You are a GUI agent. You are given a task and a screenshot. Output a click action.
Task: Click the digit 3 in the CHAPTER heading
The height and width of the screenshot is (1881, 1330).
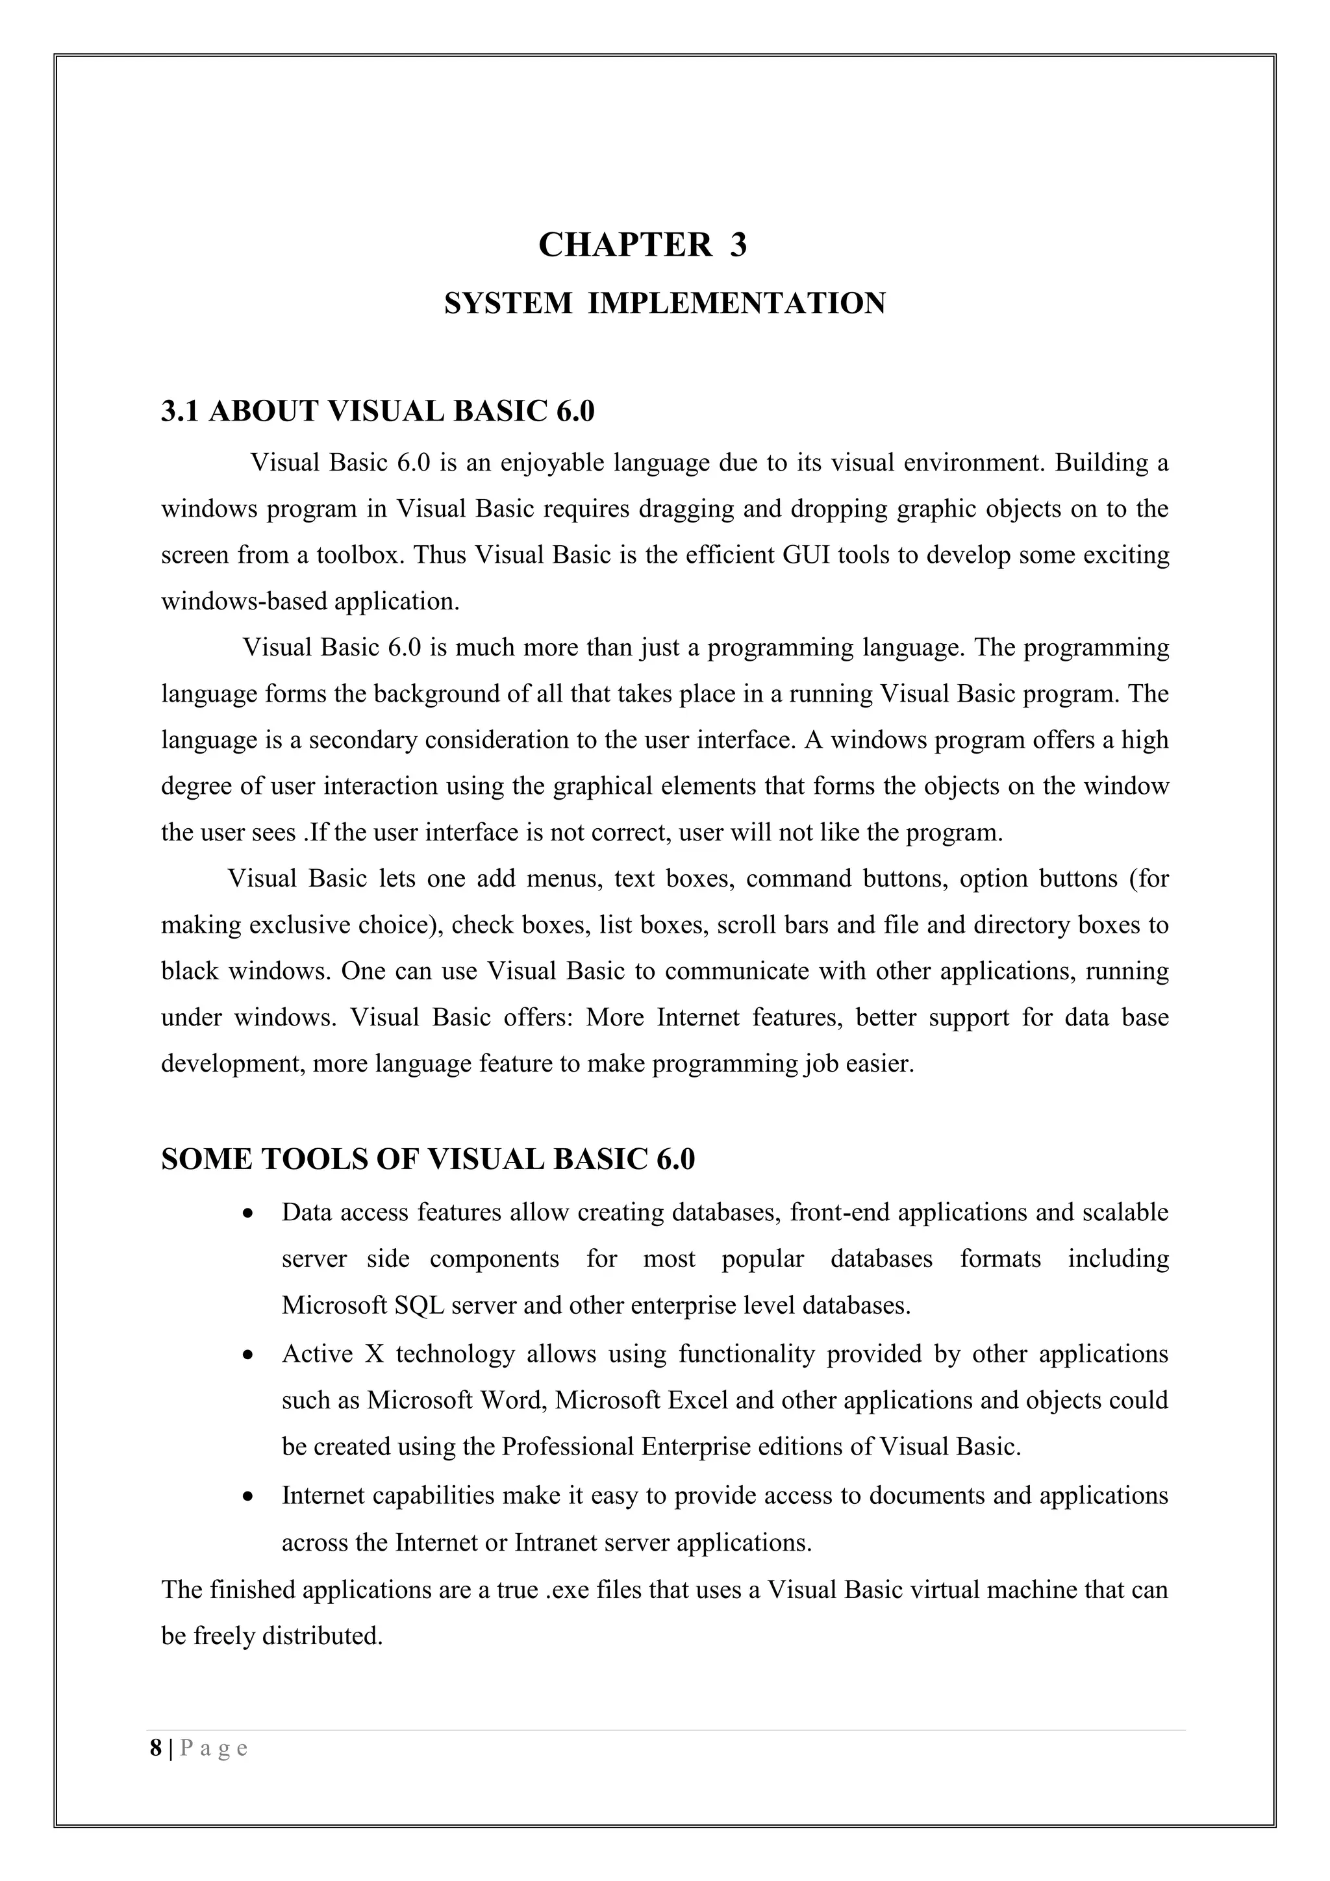738,245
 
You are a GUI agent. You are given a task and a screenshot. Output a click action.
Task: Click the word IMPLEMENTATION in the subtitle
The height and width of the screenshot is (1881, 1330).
736,303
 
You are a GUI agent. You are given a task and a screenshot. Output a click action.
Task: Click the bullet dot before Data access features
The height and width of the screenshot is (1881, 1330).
248,1212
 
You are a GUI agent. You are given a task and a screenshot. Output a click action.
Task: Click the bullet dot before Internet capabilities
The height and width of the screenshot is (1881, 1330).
248,1497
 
